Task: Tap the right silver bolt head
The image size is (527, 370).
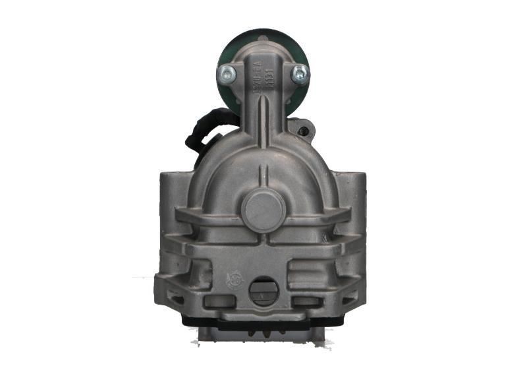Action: [300, 73]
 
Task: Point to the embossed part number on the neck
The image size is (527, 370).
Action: [258, 78]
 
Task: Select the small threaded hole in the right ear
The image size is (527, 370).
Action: [304, 131]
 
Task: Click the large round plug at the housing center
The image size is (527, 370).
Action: [262, 208]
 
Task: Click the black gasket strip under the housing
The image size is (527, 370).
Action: [263, 323]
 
